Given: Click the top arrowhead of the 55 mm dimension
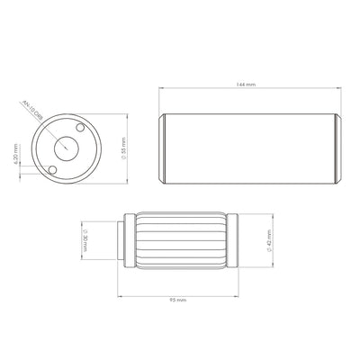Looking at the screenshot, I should tap(115, 114).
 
